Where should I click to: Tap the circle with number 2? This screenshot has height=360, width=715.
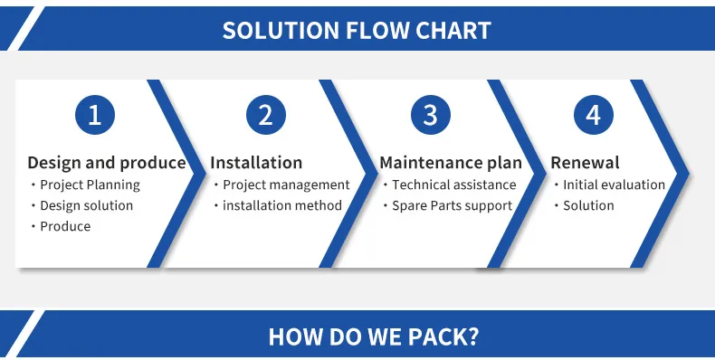(x=265, y=115)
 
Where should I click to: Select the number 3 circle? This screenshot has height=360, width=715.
(x=430, y=115)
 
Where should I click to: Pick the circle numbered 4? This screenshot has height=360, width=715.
(x=593, y=115)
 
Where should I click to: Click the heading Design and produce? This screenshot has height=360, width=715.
(x=107, y=163)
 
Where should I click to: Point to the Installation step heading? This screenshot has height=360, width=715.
(x=256, y=163)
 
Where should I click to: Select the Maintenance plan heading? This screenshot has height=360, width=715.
(x=451, y=163)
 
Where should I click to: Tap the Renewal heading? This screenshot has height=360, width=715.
(x=585, y=163)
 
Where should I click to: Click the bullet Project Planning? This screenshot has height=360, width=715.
(x=90, y=185)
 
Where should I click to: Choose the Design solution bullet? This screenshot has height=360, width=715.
(x=86, y=205)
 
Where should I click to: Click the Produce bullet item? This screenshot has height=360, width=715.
(x=65, y=226)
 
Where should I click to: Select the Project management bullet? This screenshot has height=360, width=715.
(x=286, y=185)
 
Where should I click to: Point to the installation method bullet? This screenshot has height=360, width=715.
(x=282, y=205)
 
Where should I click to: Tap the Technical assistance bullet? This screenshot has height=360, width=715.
(x=453, y=185)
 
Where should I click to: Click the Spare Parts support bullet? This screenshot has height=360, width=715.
(x=452, y=205)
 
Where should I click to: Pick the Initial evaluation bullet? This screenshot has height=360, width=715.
(x=614, y=185)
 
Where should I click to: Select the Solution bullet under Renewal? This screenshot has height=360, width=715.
(x=588, y=205)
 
